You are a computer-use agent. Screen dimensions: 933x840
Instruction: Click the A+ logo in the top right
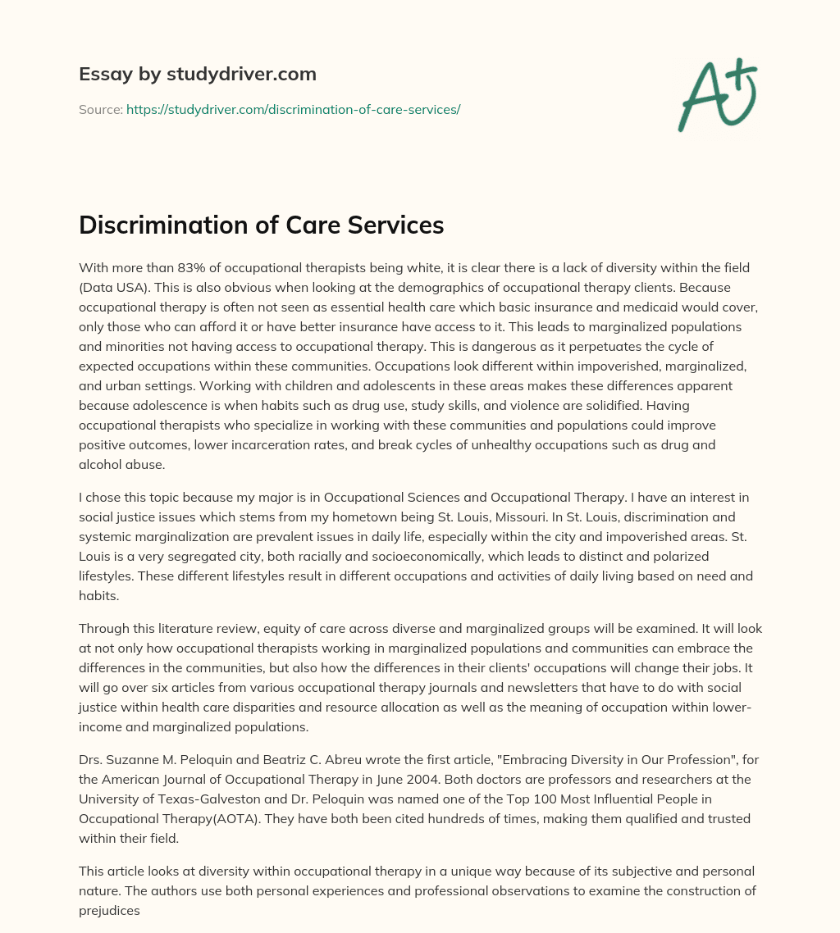click(x=717, y=94)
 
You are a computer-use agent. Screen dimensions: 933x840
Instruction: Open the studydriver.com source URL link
click(x=293, y=109)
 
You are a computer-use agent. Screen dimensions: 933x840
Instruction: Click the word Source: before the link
click(x=101, y=109)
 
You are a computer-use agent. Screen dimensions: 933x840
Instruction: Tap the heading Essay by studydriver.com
click(x=197, y=74)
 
